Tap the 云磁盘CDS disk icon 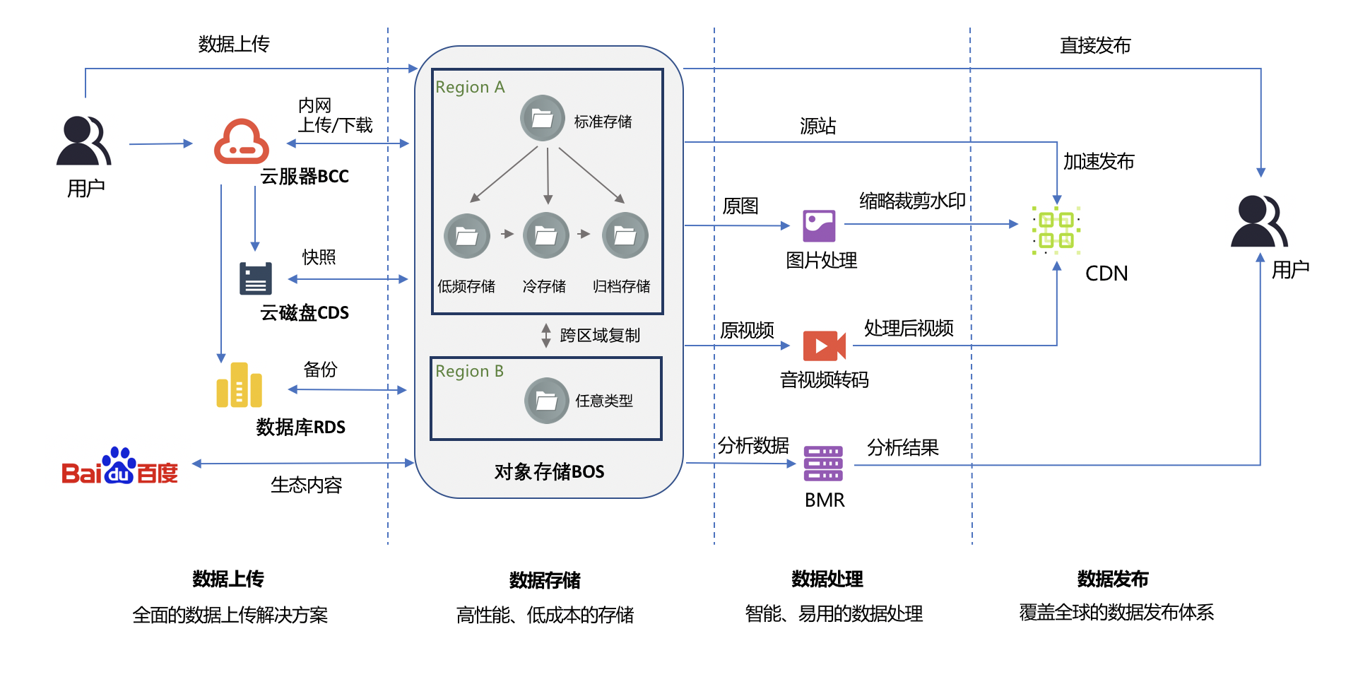pos(255,278)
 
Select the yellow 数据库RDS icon pos(239,386)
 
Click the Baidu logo pos(119,467)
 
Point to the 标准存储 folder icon pos(542,118)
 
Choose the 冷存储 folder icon pos(546,235)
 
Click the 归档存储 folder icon pos(625,235)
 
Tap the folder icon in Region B pos(546,401)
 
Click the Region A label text pos(470,87)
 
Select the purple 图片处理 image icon pos(819,226)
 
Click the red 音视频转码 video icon pos(824,346)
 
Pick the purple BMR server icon pos(823,464)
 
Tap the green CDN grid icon pos(1056,230)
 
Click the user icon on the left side pos(84,141)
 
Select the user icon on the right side pos(1258,221)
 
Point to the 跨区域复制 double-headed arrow pos(546,336)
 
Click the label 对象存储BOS pos(549,471)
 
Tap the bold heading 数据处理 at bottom pos(827,579)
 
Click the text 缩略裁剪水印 pos(912,201)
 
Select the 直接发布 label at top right pos(1094,45)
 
